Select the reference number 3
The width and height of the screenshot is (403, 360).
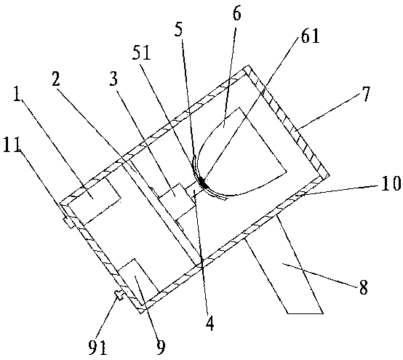(x=113, y=78)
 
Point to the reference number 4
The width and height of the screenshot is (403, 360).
(x=210, y=323)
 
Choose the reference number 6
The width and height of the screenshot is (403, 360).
(x=236, y=13)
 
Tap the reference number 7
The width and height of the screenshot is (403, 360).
(x=366, y=94)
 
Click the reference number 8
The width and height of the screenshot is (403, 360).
(x=364, y=287)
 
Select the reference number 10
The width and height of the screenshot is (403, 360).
(x=391, y=183)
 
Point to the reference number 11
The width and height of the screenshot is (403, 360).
(x=12, y=145)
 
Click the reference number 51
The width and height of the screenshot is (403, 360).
(x=141, y=53)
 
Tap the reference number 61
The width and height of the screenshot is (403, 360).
(x=310, y=36)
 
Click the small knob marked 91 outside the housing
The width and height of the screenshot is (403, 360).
(x=120, y=295)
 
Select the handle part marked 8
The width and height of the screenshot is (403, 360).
(x=284, y=265)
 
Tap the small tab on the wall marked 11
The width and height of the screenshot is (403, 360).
(x=68, y=222)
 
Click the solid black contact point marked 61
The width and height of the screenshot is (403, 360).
(x=204, y=183)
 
